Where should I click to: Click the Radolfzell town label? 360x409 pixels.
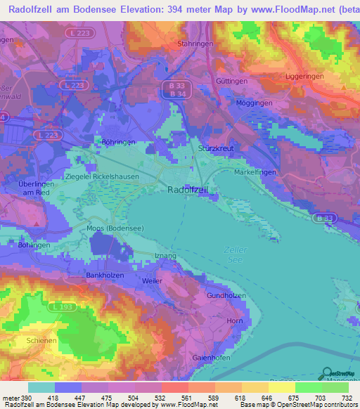[186, 190]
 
